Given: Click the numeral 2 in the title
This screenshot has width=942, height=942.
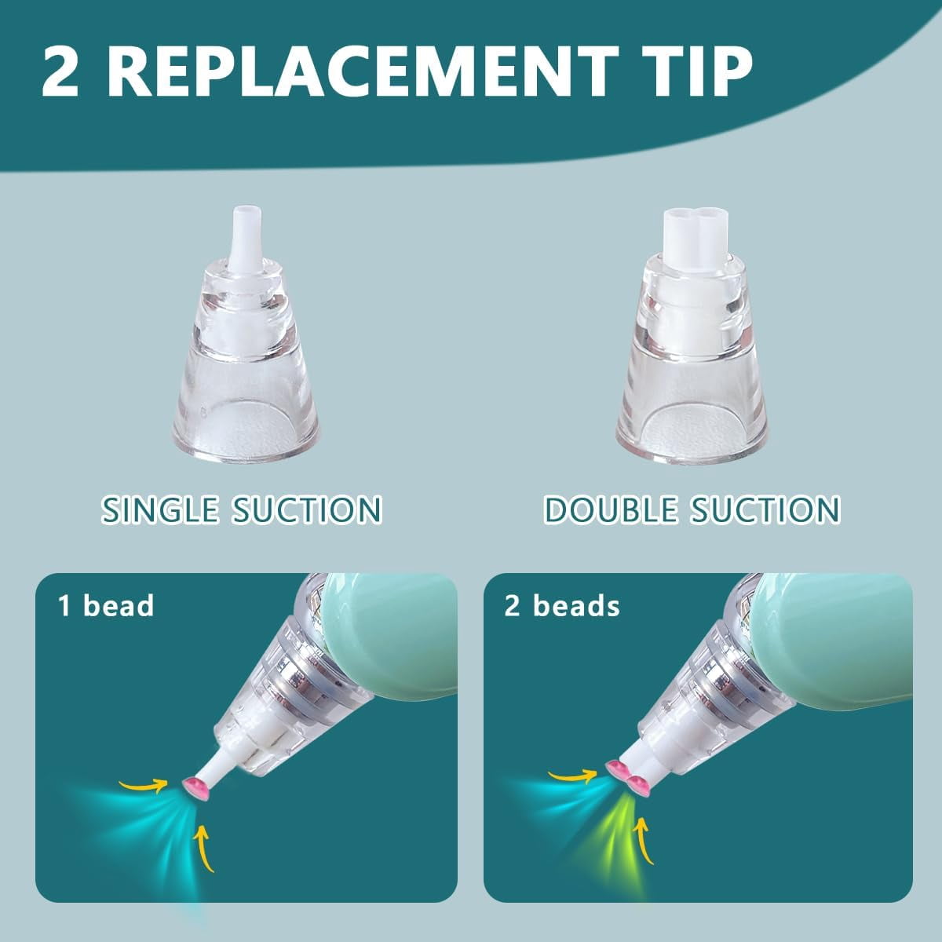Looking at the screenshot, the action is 61,71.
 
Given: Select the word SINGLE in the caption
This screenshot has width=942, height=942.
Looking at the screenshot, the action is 159,509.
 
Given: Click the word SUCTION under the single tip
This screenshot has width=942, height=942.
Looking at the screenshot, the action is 306,509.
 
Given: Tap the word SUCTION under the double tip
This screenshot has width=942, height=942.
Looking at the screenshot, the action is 765,509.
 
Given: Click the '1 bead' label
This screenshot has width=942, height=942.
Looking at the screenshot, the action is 106,606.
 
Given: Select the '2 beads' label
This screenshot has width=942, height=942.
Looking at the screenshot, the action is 562,606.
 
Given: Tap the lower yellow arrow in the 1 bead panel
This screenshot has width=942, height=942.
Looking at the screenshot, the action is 204,849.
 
